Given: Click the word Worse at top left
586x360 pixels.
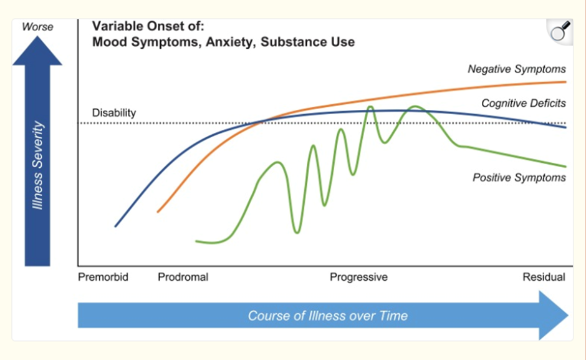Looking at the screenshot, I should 37,27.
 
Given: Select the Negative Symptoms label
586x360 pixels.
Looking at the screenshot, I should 517,69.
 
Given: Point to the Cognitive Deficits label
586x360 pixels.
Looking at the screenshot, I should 524,103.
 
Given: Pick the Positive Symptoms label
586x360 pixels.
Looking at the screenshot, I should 519,178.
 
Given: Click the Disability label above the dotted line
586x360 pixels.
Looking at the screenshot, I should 114,113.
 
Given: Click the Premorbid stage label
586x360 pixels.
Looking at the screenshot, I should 103,277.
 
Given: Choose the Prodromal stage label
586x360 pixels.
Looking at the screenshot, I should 183,277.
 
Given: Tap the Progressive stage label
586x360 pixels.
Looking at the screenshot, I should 358,277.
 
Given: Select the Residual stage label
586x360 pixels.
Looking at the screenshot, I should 544,277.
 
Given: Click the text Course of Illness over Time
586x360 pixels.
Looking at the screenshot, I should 328,316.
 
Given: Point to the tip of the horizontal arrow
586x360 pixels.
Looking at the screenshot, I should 567,316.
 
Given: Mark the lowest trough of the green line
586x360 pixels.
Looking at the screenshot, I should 297,232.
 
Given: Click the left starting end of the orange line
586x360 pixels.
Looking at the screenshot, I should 158,212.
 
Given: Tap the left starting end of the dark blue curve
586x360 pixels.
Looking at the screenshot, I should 116,226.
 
